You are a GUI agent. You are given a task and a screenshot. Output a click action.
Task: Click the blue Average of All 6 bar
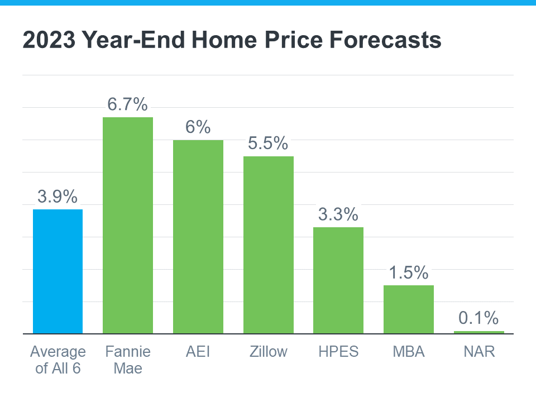(x=58, y=271)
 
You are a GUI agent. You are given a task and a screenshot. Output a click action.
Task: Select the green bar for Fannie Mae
(x=128, y=226)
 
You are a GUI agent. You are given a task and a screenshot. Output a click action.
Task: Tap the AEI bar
(x=198, y=237)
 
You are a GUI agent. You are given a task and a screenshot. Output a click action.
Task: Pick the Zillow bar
(x=268, y=245)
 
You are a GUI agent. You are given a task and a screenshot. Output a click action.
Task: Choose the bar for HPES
(x=338, y=280)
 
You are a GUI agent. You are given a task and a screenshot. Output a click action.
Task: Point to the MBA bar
(x=408, y=309)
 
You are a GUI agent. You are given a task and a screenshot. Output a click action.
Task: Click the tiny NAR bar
(x=478, y=332)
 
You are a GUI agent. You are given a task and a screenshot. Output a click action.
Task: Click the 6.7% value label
(x=128, y=104)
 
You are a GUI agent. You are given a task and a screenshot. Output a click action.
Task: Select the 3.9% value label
(x=58, y=196)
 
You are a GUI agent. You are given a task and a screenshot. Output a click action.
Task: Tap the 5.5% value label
(x=268, y=143)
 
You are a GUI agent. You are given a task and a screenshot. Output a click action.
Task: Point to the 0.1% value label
(x=478, y=318)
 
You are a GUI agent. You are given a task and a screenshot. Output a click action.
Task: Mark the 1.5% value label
(x=408, y=272)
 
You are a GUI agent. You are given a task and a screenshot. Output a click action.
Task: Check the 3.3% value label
(x=338, y=214)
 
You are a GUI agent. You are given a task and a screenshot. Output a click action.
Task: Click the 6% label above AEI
(x=198, y=127)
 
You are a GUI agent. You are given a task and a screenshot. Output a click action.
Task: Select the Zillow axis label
(x=268, y=352)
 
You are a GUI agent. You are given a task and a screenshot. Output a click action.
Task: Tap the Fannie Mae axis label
(x=128, y=360)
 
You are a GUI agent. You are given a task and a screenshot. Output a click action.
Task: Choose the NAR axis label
(x=478, y=352)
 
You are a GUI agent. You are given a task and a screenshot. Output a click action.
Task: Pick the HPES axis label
(x=338, y=352)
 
